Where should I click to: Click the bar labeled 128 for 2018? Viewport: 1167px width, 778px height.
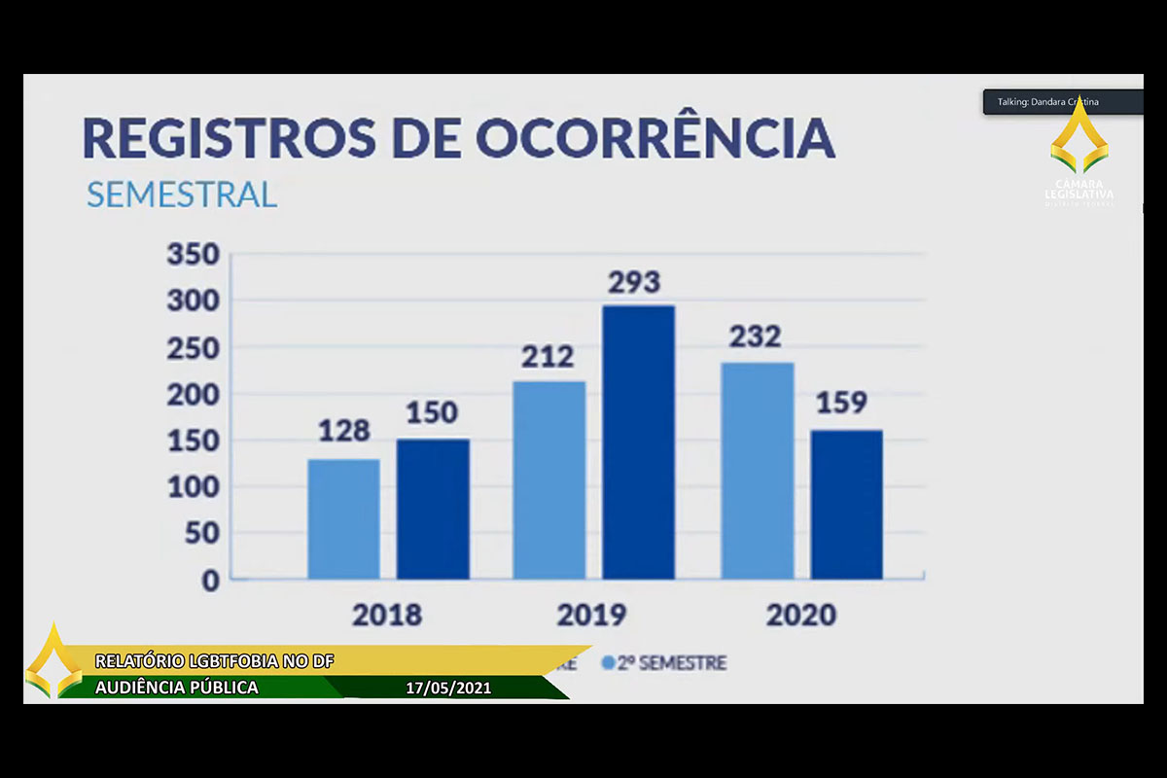coord(343,519)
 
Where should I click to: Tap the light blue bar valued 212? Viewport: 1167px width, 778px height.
coord(549,480)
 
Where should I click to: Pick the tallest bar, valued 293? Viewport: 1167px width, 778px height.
coord(638,442)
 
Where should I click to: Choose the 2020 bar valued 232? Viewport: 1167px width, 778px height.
coord(758,471)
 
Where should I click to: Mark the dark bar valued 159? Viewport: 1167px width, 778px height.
coord(847,505)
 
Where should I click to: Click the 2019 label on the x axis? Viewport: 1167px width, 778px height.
coord(591,616)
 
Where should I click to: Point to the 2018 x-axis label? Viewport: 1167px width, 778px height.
coord(387,616)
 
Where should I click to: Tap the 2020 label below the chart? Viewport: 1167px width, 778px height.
coord(800,616)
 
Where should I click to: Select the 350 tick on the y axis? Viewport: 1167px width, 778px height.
coord(194,256)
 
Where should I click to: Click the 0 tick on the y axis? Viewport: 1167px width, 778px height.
coord(210,581)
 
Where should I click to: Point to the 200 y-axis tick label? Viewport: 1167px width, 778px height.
coord(194,395)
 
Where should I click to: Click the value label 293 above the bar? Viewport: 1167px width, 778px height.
coord(634,283)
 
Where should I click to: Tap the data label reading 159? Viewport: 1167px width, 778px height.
coord(841,404)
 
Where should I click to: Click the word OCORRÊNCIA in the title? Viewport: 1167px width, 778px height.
coord(654,138)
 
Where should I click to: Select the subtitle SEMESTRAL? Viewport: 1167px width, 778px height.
coord(182,194)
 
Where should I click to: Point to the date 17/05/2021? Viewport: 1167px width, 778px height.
coord(448,689)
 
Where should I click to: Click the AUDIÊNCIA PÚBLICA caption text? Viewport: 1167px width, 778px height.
coord(177,688)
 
